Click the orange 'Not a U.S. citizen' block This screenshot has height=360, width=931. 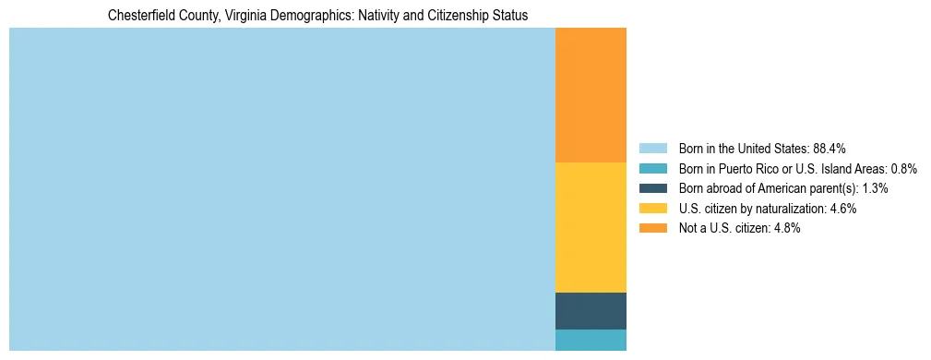click(x=591, y=95)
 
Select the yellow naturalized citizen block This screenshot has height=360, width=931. click(x=591, y=227)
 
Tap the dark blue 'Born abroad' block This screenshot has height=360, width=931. click(x=591, y=310)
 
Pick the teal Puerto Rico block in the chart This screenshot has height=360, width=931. click(x=591, y=340)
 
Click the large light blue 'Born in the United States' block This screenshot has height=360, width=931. click(x=281, y=189)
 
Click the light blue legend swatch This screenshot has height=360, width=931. click(x=652, y=149)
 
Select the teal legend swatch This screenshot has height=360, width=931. click(x=652, y=169)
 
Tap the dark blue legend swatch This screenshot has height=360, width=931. click(x=652, y=188)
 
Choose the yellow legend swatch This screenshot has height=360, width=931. click(x=652, y=209)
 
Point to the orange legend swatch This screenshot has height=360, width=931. click(x=652, y=229)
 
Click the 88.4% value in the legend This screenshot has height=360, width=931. click(x=830, y=149)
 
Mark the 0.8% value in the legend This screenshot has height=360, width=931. click(x=903, y=169)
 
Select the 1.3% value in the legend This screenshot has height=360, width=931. click(x=874, y=188)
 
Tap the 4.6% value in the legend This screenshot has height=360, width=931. click(x=842, y=209)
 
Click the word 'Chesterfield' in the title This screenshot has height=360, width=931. click(x=138, y=16)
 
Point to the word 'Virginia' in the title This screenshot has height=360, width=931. click(x=244, y=16)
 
